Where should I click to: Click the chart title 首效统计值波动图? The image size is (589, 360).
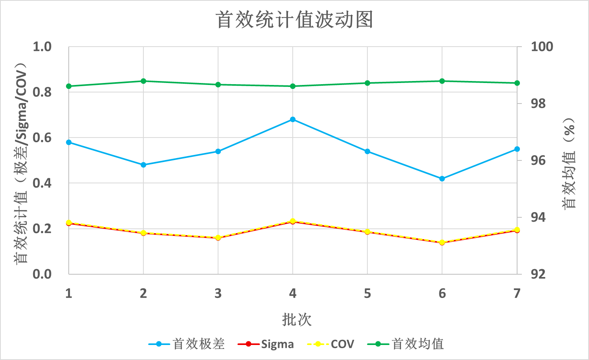[294, 20]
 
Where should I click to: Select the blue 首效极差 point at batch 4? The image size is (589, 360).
[293, 119]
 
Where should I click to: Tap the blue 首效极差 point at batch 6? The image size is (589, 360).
[442, 179]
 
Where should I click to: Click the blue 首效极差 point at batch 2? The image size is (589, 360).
[143, 165]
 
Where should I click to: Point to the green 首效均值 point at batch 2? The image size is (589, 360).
[143, 81]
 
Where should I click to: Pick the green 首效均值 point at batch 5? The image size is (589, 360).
[367, 83]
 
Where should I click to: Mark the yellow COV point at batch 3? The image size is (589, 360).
[218, 237]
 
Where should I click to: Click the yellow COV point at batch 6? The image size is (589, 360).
[442, 242]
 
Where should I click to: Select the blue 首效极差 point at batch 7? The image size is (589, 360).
[517, 149]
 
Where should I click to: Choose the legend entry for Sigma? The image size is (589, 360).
[265, 344]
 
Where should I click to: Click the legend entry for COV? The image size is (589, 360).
[331, 344]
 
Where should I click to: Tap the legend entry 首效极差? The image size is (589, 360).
[186, 344]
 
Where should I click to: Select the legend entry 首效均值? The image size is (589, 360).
[406, 344]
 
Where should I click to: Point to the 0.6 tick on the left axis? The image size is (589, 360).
[42, 138]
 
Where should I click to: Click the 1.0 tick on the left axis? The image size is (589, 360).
[42, 47]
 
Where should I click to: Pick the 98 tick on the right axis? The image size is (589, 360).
[538, 104]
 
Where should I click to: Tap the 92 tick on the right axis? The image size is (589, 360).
[538, 274]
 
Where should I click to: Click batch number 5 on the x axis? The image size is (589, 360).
[367, 293]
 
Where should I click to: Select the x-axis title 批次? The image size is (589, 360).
[297, 319]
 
